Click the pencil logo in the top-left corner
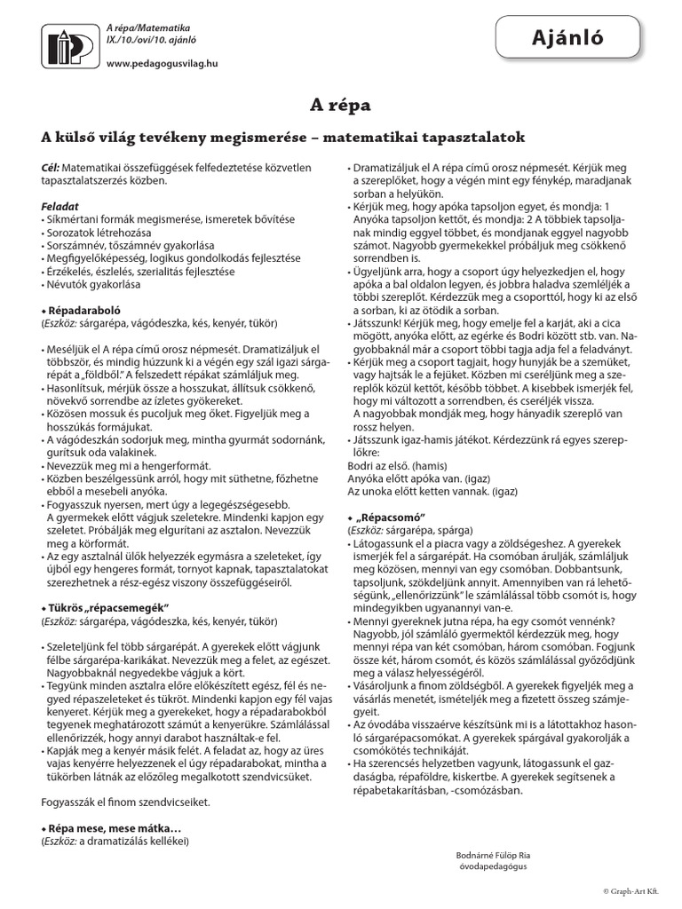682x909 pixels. pos(67,45)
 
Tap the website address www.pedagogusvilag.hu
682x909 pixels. pos(162,64)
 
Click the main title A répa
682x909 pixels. pos(340,106)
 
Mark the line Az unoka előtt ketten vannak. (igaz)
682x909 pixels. pos(423,490)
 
